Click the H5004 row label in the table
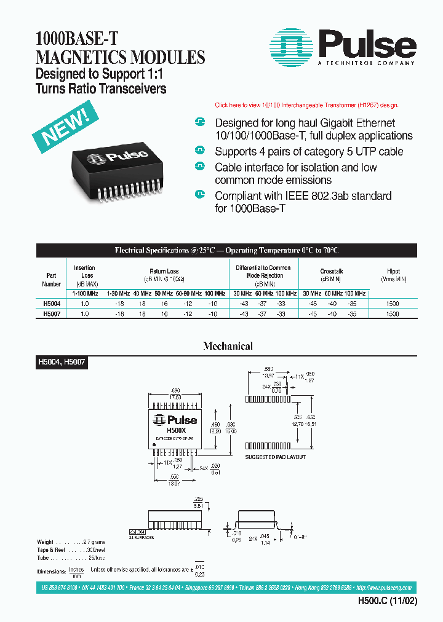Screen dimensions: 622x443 [52, 304]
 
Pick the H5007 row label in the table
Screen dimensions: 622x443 [52, 313]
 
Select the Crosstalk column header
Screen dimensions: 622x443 [332, 271]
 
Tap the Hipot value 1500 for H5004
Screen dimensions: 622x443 [393, 304]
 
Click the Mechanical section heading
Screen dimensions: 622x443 [228, 346]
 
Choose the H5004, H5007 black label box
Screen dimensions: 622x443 [62, 363]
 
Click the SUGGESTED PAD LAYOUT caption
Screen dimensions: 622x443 [275, 457]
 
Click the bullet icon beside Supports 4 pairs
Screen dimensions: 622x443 [199, 151]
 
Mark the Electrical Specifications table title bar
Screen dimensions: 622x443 [226, 250]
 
